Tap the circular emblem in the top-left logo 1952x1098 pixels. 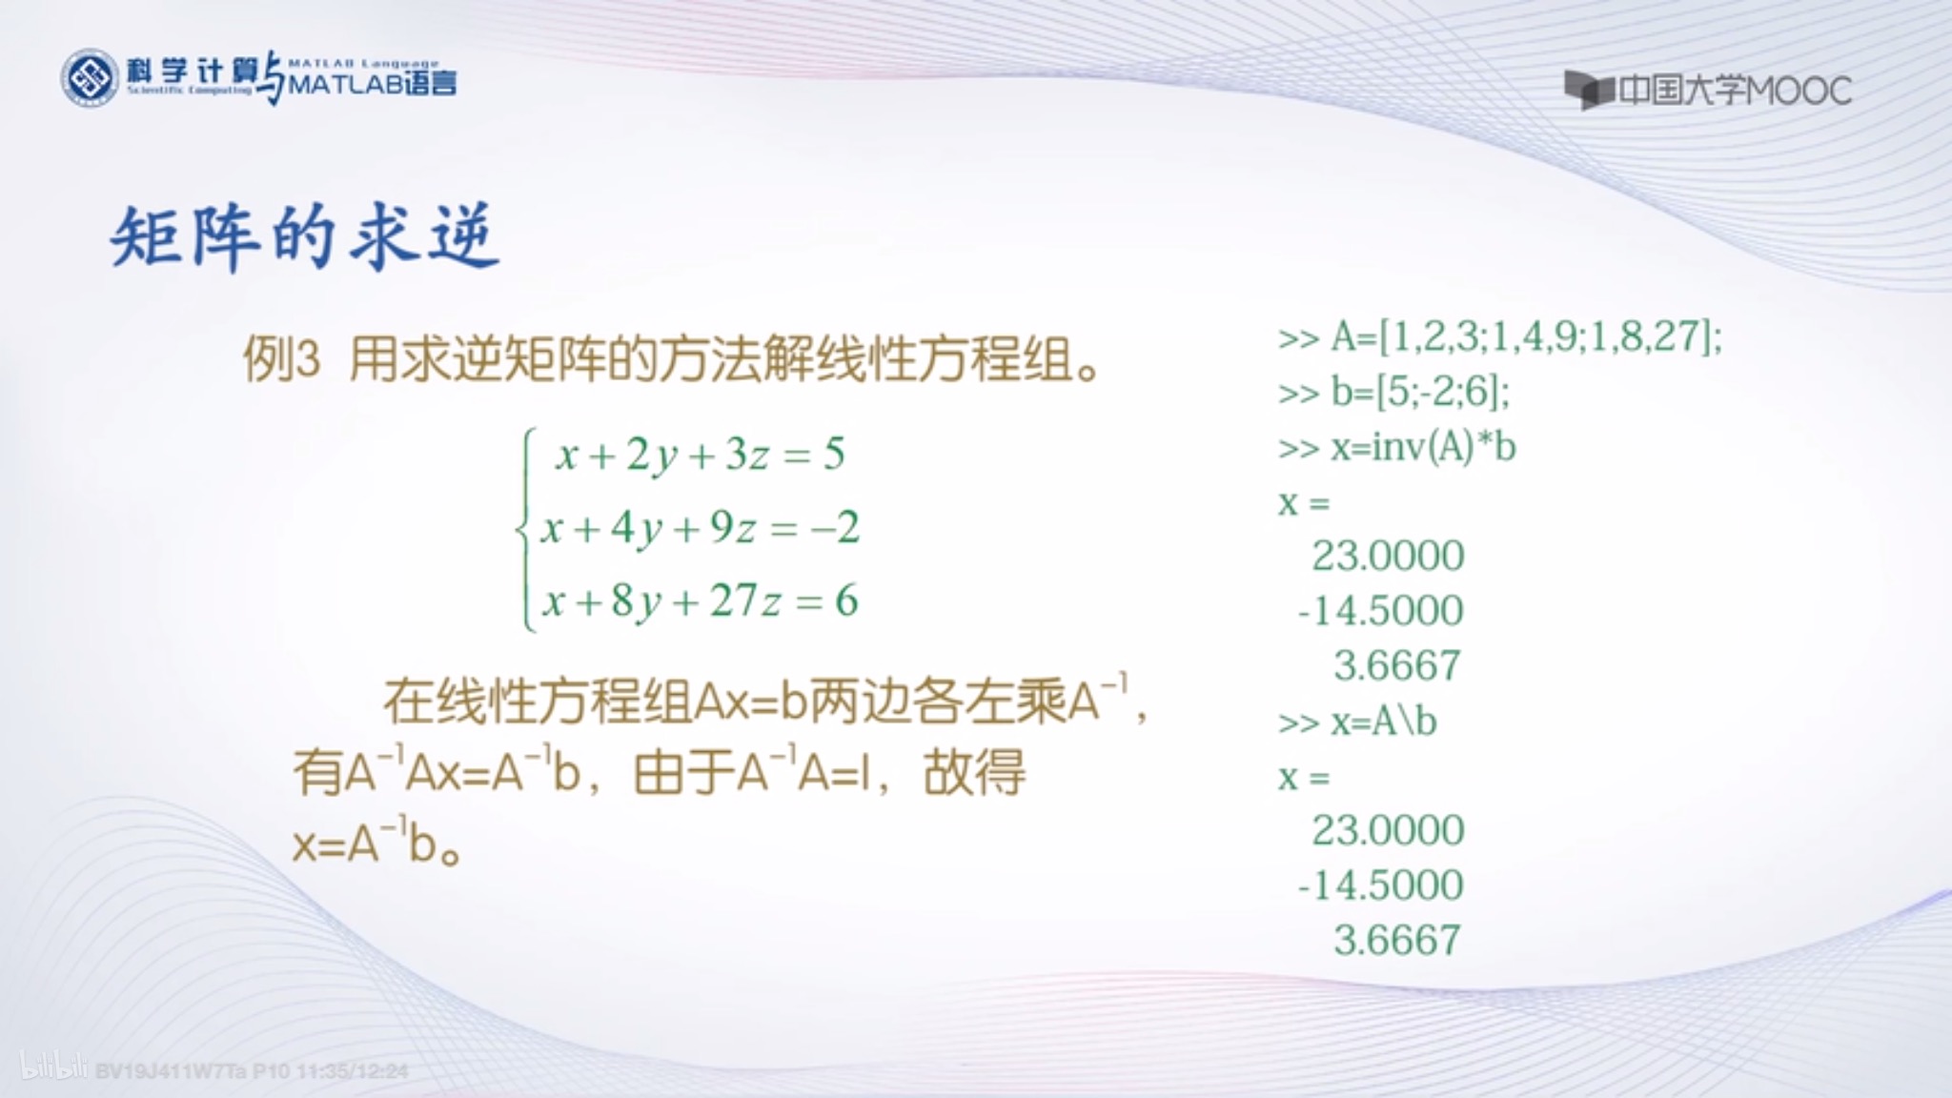(x=90, y=78)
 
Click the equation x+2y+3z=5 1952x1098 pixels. (x=700, y=455)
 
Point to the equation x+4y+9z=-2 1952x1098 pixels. (x=700, y=528)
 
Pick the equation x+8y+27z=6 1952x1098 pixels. (x=700, y=601)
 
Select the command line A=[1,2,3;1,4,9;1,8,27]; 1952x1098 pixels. (x=1500, y=337)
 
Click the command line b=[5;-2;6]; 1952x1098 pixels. (x=1393, y=392)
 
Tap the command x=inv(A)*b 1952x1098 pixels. (x=1397, y=447)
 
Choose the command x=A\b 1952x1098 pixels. (x=1357, y=722)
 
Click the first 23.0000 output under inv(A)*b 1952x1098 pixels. (x=1388, y=556)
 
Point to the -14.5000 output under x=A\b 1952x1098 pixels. (x=1380, y=885)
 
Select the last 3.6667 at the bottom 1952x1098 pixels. (x=1397, y=941)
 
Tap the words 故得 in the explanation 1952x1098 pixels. (x=974, y=773)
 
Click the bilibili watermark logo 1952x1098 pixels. (x=53, y=1067)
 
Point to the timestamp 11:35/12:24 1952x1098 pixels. (x=353, y=1071)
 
